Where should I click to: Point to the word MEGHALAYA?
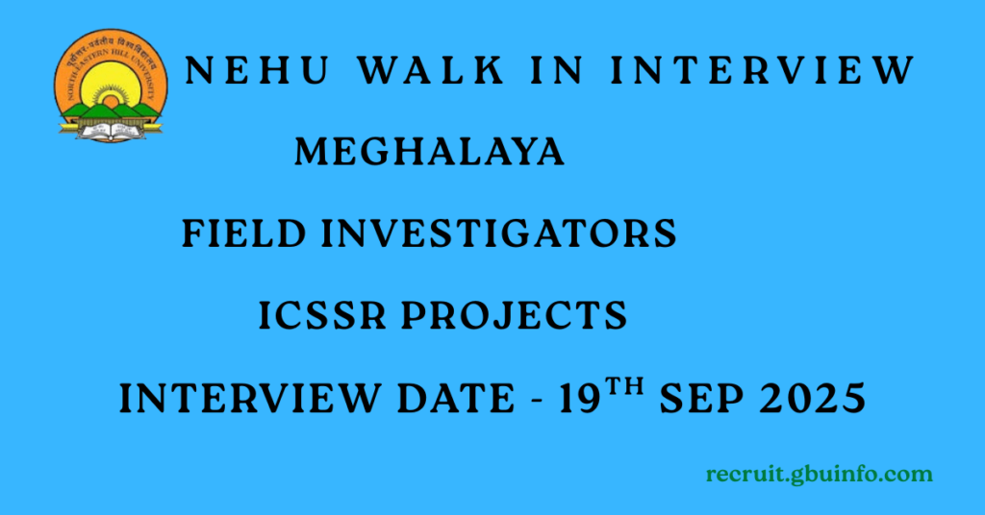click(429, 152)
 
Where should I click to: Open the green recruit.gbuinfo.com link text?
click(819, 475)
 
